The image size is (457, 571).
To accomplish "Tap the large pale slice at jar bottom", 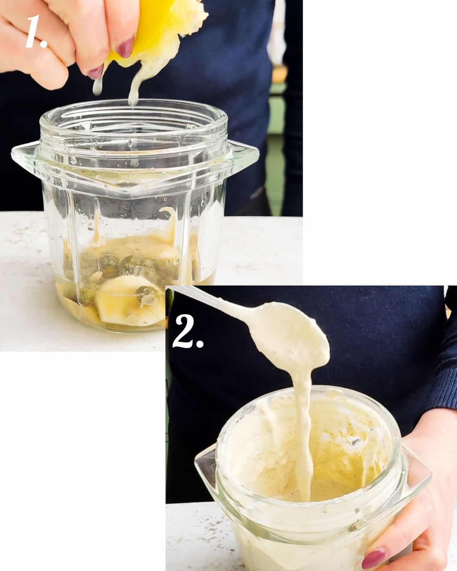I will pyautogui.click(x=114, y=301).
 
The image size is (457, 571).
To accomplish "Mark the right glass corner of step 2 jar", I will pyautogui.click(x=421, y=476).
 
